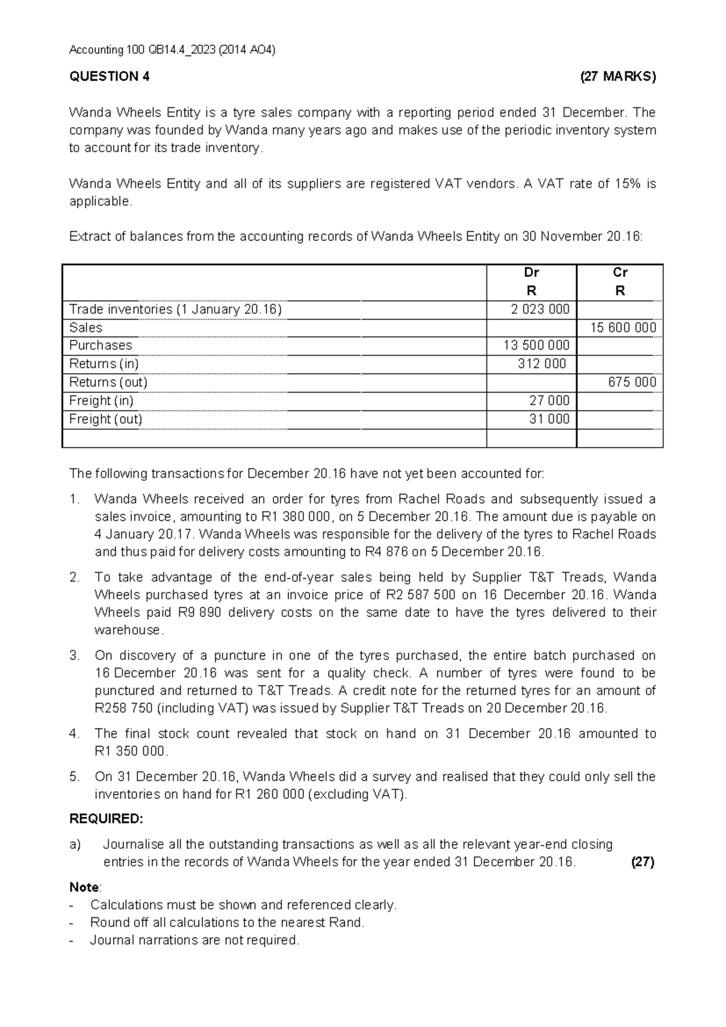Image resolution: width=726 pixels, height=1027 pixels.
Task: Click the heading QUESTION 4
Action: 110,76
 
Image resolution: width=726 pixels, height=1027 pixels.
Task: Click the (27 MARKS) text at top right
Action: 617,76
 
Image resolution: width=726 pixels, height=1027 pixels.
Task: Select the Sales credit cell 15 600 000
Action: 623,328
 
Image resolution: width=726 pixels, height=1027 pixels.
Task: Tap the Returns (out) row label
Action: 108,382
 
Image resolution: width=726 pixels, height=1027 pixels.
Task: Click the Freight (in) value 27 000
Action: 549,400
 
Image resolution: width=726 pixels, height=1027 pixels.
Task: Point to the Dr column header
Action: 531,272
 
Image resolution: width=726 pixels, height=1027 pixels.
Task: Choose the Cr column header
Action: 620,272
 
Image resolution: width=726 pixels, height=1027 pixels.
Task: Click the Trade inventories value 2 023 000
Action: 540,309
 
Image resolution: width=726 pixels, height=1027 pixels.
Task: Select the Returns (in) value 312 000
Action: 542,363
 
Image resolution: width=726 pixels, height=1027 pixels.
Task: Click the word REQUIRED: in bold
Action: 106,819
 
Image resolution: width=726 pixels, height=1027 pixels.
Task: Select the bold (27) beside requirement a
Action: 643,862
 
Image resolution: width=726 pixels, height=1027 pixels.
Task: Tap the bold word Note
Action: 84,887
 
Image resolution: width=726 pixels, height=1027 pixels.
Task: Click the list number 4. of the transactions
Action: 75,733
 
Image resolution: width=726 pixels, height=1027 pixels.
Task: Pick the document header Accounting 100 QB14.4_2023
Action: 172,50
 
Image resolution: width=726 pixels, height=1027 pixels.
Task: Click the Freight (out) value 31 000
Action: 549,419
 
